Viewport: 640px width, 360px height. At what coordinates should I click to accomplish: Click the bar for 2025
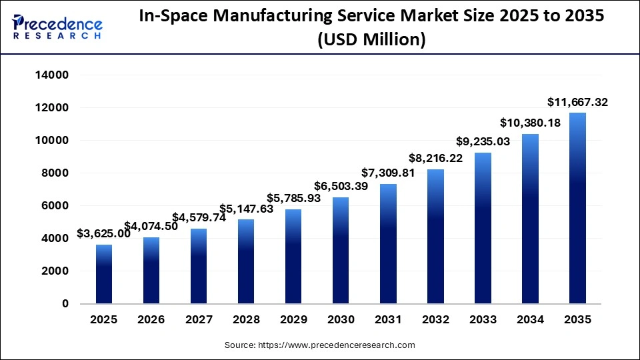coord(103,274)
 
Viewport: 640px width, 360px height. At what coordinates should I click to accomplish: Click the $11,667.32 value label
coord(577,102)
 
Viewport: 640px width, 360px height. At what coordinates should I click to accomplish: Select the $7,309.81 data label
coord(387,173)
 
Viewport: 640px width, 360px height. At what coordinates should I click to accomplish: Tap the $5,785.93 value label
coord(293,198)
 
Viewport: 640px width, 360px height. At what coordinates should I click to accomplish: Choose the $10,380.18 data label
coord(531,123)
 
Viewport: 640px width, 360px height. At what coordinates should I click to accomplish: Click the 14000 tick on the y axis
coord(51,75)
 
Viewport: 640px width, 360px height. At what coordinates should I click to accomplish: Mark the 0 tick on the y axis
coord(65,304)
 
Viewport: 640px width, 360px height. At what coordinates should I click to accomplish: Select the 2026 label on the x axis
coord(151,320)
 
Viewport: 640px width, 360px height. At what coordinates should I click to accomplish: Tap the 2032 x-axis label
coord(435,320)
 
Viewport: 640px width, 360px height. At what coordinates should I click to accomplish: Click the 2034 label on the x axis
coord(530,320)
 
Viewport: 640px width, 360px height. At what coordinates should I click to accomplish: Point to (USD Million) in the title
coord(371,40)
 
